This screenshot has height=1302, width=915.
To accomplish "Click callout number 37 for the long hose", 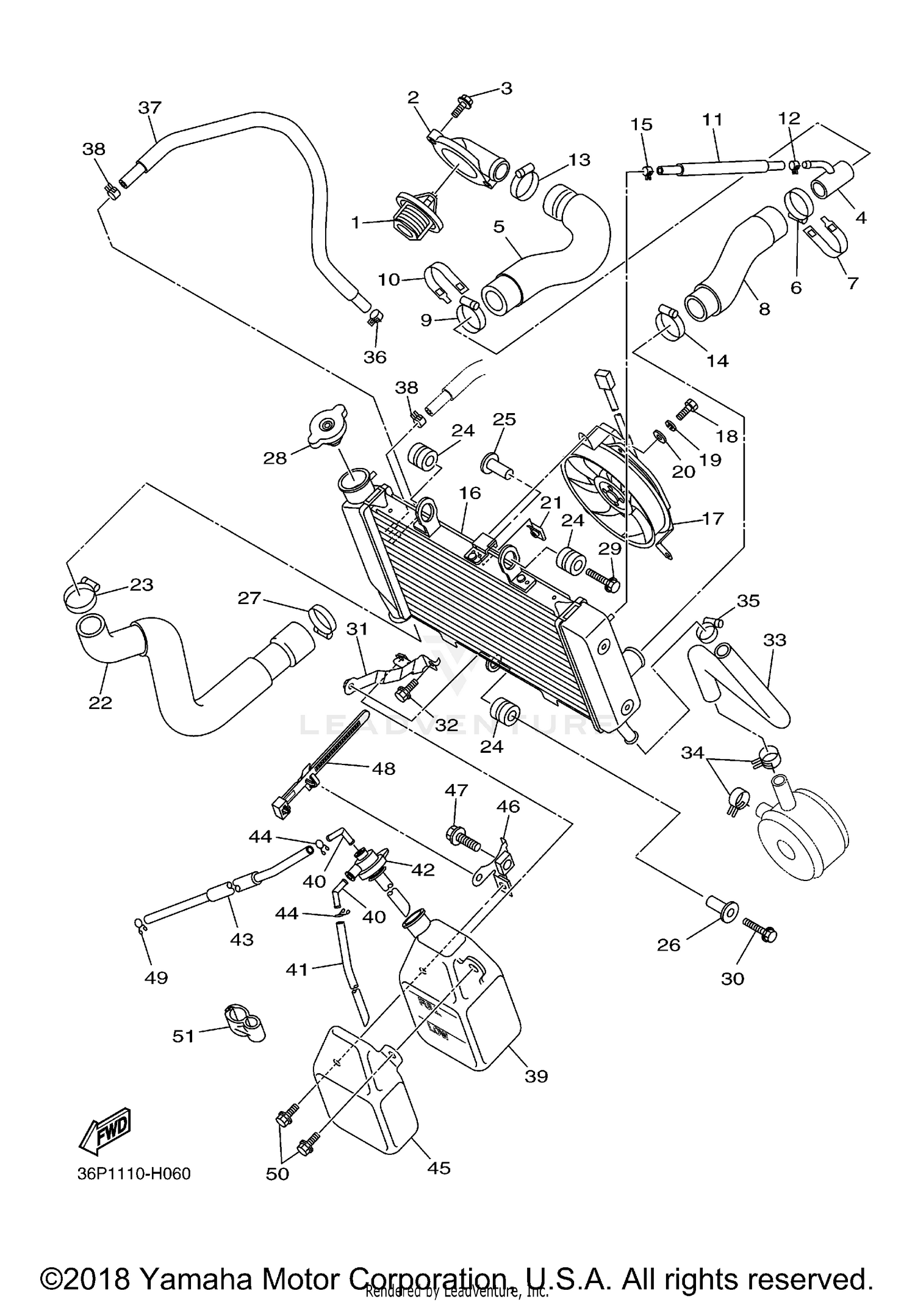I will point(149,108).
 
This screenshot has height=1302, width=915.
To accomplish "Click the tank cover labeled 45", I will point(364,1094).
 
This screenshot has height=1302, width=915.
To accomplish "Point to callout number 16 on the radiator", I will point(470,493).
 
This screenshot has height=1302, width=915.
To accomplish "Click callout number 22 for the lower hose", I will point(101,703).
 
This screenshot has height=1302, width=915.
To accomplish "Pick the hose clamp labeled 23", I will point(80,592).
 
